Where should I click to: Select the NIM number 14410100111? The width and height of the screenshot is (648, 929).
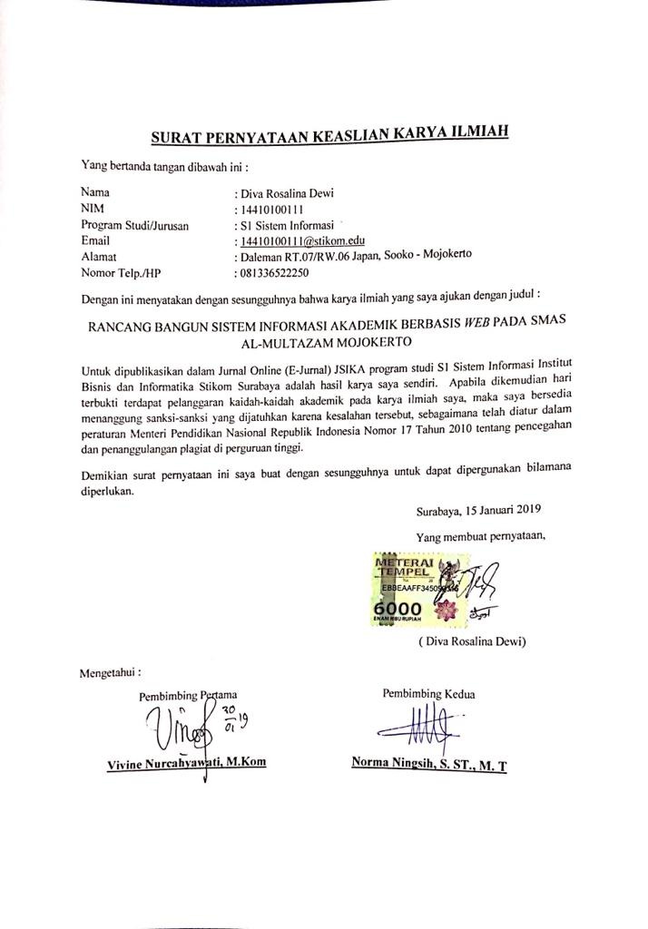pyautogui.click(x=269, y=209)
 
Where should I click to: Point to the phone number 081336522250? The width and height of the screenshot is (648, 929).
pyautogui.click(x=272, y=272)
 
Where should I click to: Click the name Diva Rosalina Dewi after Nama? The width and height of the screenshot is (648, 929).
pyautogui.click(x=283, y=192)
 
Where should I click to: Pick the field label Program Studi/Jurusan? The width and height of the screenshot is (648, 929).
pyautogui.click(x=135, y=225)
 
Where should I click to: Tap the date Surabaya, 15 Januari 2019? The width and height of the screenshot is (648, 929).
pyautogui.click(x=478, y=511)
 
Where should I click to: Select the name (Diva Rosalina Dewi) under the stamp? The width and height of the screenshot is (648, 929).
pyautogui.click(x=473, y=641)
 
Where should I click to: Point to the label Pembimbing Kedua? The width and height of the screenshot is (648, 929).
pyautogui.click(x=428, y=694)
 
